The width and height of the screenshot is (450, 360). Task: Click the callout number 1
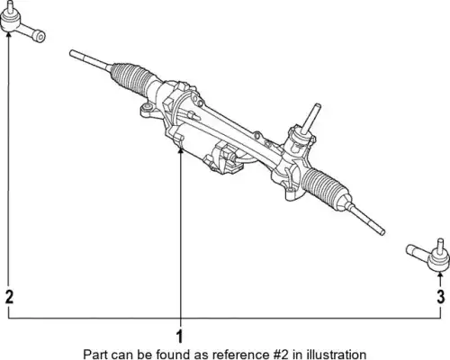pos(180,337)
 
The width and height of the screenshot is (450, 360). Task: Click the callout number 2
pos(10,297)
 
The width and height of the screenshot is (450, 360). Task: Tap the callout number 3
pos(440,297)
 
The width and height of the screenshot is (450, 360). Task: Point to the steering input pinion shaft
pos(312,119)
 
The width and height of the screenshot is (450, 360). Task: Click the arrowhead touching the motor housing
pos(180,150)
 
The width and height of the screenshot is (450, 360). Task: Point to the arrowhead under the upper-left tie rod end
pos(8,34)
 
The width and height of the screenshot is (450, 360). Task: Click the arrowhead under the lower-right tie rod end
pos(440,274)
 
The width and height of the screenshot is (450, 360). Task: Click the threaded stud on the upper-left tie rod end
pos(9,7)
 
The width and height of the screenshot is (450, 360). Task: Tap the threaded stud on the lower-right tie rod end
pos(440,246)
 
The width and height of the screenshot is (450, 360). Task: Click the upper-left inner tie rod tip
pos(71,53)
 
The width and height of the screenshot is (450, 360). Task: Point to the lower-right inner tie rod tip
pos(382,232)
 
